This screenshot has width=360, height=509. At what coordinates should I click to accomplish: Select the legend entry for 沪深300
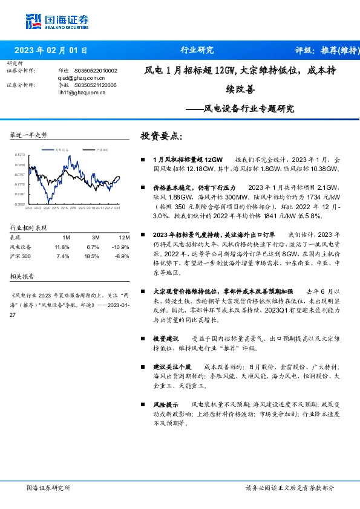[102, 149]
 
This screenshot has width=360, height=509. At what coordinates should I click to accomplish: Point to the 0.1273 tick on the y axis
[20, 155]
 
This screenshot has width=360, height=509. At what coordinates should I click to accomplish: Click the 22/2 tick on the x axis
[28, 209]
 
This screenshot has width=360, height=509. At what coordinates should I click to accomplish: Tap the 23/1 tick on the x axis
[117, 209]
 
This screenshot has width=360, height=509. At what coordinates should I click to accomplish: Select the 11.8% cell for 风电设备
[62, 247]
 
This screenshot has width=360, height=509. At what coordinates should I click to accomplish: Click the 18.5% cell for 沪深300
[93, 256]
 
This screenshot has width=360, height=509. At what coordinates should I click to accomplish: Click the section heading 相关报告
[23, 276]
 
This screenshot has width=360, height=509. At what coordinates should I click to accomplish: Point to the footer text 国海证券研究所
[49, 487]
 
